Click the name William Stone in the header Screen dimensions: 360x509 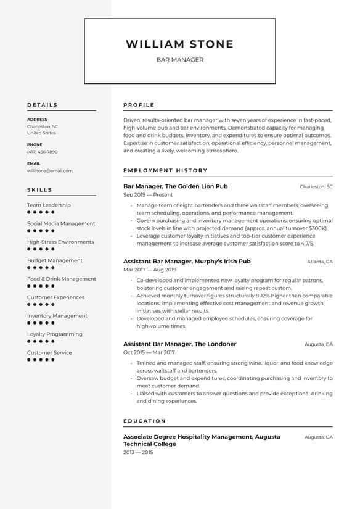[179, 44]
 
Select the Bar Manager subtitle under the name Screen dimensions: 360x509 [179, 60]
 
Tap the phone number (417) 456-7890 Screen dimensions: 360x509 [42, 152]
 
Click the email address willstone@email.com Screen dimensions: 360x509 [49, 171]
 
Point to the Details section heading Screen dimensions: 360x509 [43, 105]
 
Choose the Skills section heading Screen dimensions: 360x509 [40, 190]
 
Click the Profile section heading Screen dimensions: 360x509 [139, 105]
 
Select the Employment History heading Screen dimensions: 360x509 [165, 170]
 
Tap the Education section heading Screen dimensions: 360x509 [144, 421]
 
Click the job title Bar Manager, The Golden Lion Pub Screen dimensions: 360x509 [175, 186]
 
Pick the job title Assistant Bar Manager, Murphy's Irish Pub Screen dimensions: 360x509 [187, 261]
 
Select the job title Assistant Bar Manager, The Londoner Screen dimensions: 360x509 [179, 344]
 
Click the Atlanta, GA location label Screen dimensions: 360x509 [320, 262]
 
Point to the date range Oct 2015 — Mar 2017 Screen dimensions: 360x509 [149, 352]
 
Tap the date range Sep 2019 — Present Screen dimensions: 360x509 [148, 195]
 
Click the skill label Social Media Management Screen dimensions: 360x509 [61, 223]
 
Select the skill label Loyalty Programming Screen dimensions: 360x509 [54, 334]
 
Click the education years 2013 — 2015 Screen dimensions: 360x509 [138, 452]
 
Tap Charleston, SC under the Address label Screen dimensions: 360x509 [43, 126]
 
